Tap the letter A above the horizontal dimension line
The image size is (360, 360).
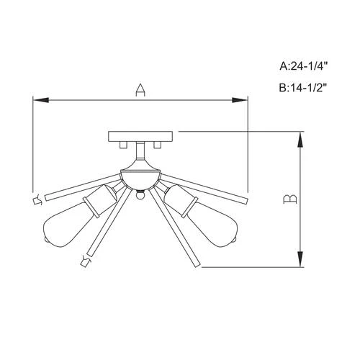point(141,90)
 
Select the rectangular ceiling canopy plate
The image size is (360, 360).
point(140,137)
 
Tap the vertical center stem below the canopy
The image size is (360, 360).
point(140,154)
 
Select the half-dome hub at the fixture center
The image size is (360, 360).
point(140,175)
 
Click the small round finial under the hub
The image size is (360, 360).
point(140,194)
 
